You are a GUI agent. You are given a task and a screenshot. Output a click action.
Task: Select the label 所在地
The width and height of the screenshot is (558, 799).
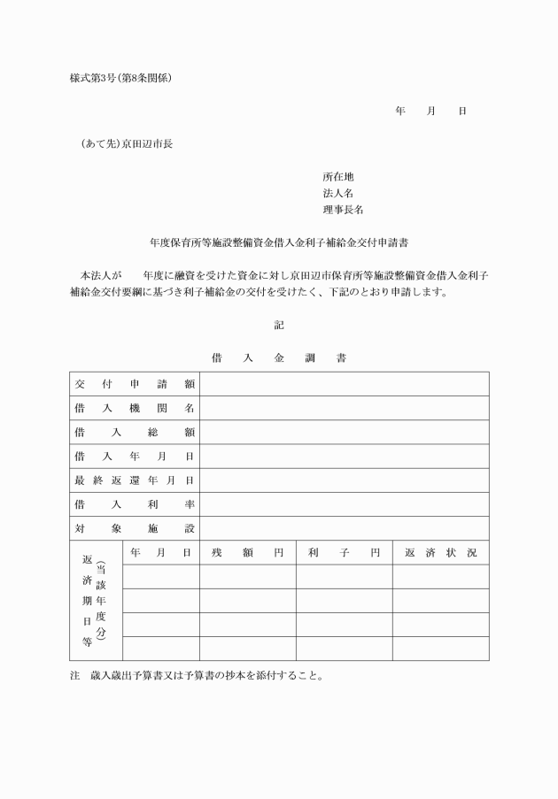pos(338,177)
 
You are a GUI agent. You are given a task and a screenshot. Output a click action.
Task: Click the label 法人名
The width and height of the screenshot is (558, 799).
pos(338,193)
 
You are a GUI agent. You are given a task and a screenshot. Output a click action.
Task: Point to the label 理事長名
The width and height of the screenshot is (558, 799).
pos(343,210)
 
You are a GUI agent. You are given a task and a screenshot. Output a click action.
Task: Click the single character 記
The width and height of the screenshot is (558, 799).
pos(279,326)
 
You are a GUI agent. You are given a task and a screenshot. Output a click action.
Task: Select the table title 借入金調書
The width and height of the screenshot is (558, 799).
pos(279,358)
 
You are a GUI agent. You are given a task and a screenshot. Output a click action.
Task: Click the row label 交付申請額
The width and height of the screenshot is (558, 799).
pos(135,384)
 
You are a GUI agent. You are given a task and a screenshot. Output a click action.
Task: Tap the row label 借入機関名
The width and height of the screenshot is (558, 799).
pos(135,408)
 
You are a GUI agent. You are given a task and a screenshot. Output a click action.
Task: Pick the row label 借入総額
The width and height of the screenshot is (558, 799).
pos(135,432)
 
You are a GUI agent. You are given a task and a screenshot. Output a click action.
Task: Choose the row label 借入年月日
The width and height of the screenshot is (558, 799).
pos(135,457)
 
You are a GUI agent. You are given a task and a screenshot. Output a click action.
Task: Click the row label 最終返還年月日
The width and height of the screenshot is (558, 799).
pos(135,480)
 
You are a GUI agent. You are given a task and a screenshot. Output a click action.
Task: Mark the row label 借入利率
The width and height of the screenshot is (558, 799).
pos(135,504)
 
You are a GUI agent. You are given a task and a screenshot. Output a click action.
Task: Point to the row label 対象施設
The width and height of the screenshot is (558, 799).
pos(135,528)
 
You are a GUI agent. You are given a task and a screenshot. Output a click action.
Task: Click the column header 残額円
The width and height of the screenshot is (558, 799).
pos(247,553)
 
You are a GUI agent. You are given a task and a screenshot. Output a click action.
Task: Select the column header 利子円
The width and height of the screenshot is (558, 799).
pos(344,553)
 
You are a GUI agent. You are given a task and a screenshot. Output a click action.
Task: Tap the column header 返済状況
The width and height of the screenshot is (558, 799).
pos(440,553)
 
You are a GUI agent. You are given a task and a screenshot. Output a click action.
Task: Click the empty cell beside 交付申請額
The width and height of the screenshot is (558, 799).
pos(344,384)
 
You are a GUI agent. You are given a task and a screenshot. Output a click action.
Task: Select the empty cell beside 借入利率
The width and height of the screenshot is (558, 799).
pos(344,504)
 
